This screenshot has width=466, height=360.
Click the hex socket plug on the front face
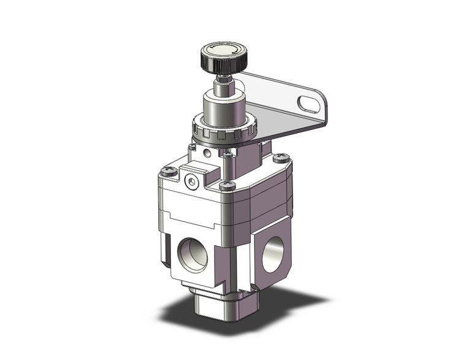pos(191,181)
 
